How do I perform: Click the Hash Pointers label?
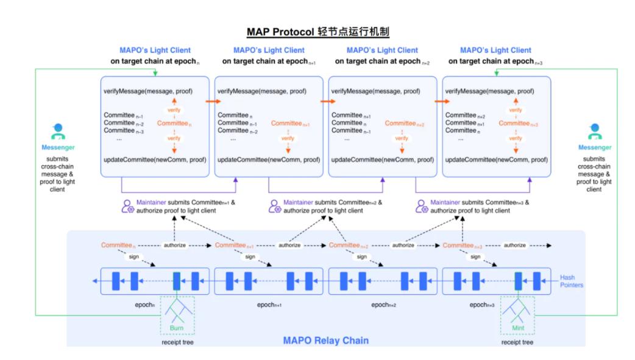(x=572, y=281)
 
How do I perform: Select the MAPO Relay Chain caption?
(x=325, y=340)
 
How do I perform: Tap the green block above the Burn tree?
(x=177, y=281)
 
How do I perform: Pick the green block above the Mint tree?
(x=518, y=281)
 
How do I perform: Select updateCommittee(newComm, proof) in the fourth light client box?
(x=495, y=159)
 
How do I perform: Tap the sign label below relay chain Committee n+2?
(x=361, y=256)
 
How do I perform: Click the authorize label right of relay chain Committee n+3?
(x=515, y=245)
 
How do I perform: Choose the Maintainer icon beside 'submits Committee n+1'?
(x=128, y=206)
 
